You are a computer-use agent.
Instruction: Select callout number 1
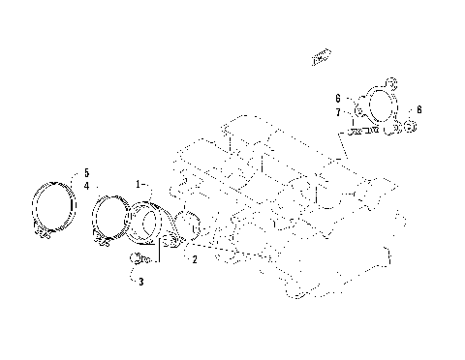coord(139,183)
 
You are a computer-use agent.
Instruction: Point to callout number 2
coord(195,259)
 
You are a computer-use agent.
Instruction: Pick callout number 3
coord(140,282)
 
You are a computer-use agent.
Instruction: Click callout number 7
coord(338,113)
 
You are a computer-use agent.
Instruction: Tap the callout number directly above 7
coord(338,99)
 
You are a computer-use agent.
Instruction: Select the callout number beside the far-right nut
coord(419,109)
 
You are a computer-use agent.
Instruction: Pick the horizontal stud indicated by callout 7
coord(361,129)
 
